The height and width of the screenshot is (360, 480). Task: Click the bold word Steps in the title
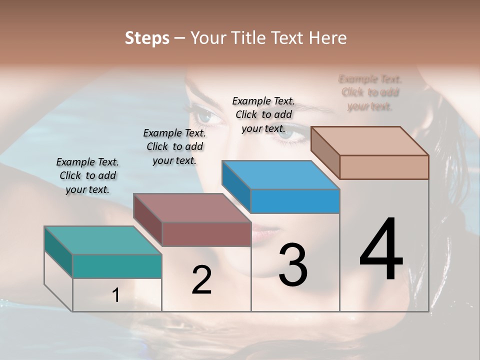click(146, 38)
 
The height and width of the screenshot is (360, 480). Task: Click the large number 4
click(381, 250)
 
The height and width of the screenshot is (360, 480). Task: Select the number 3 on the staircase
click(292, 265)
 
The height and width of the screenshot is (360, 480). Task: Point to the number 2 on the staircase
click(201, 280)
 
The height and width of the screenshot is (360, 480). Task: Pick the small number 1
click(116, 295)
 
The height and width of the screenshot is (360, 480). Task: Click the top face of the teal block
click(103, 240)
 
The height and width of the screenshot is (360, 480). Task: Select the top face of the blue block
click(280, 175)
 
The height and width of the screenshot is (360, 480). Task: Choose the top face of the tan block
click(370, 141)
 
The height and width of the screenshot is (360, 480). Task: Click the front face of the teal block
click(117, 266)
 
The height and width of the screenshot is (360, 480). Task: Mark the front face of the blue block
click(295, 201)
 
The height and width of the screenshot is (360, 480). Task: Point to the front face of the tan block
click(384, 167)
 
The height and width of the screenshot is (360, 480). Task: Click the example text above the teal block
click(87, 175)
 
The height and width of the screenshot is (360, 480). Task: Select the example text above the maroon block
click(174, 146)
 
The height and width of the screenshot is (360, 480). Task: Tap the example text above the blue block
click(263, 114)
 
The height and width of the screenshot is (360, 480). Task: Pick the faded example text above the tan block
click(370, 92)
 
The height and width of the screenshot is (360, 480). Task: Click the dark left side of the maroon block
click(148, 220)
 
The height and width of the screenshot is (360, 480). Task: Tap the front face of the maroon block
click(206, 234)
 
